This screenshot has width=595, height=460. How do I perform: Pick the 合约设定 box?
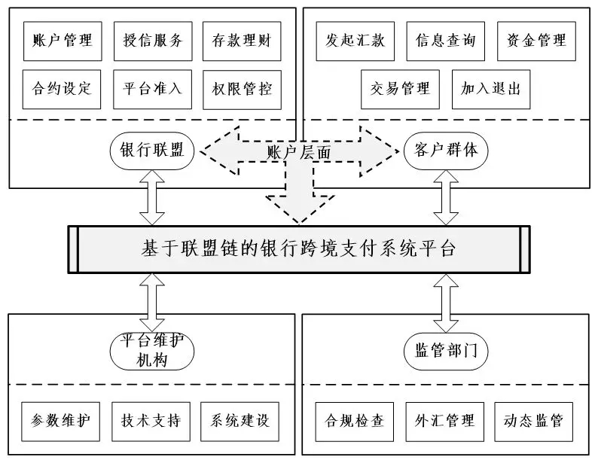point(58,90)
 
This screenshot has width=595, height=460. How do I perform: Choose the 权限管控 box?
point(242,90)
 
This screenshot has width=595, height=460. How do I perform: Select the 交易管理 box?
point(400,90)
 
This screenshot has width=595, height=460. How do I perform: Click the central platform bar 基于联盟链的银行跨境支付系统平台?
point(298,248)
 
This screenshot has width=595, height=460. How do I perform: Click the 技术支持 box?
point(151,420)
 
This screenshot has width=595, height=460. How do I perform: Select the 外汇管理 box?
point(445,420)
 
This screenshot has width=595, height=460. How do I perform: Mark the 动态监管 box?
point(535,420)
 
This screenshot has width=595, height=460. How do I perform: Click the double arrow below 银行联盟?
point(153,196)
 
